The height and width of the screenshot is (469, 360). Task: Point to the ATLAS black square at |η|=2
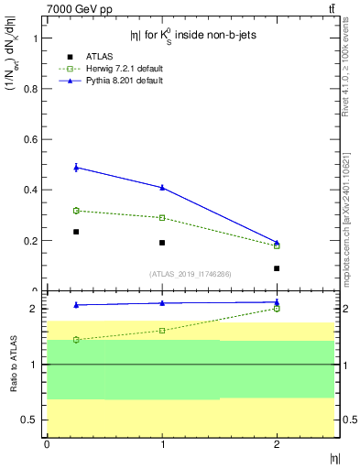[x=277, y=268]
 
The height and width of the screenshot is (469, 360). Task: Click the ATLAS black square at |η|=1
[x=162, y=243]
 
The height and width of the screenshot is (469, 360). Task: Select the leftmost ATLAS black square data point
[x=76, y=232]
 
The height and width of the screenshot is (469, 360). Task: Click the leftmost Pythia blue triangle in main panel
[x=76, y=168]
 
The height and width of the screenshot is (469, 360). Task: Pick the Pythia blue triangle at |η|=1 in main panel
[x=162, y=188]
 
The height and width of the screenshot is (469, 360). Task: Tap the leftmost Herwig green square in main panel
[x=76, y=211]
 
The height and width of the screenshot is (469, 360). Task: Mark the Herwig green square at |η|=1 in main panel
[x=162, y=218]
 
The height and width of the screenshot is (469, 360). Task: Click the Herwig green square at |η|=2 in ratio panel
[x=277, y=309]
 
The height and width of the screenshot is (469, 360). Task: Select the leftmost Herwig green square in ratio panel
[x=76, y=340]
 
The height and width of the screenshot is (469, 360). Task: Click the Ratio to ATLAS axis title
[x=14, y=365]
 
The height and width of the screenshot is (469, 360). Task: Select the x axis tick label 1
[x=162, y=444]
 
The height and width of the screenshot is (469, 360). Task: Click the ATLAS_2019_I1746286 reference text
[x=190, y=273]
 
